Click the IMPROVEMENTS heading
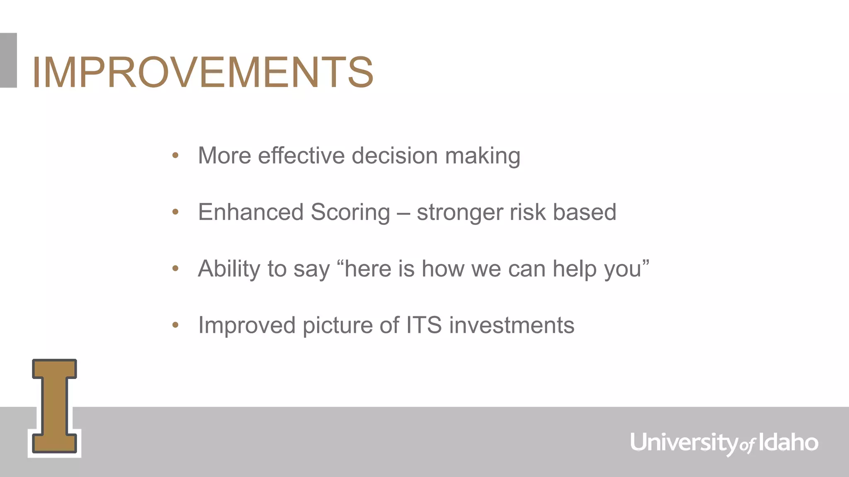tap(203, 72)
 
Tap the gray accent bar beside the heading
tap(8, 60)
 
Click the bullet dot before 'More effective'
tap(175, 156)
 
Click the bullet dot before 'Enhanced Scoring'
tap(175, 212)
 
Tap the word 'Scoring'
tap(350, 212)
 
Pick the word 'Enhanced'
tap(251, 212)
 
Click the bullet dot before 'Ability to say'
tap(175, 269)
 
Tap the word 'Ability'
tap(229, 269)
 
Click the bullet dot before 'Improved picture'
tap(175, 325)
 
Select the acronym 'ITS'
tap(424, 325)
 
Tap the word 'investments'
tap(512, 325)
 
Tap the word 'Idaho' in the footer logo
tap(788, 442)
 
